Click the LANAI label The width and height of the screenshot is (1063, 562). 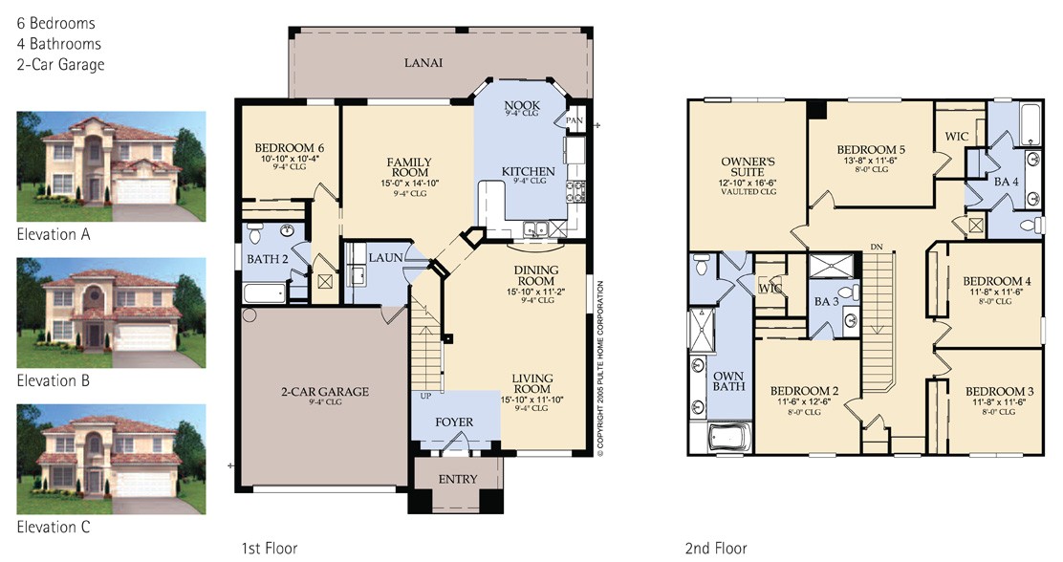coord(423,62)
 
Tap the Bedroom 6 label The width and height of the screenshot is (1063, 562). coord(290,148)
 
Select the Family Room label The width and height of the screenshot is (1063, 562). coord(409,167)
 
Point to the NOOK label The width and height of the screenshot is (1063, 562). coord(522,105)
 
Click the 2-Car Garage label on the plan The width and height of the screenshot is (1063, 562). coord(325,391)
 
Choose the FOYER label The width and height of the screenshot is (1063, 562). coord(454,421)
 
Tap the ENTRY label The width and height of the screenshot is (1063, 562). coord(458,479)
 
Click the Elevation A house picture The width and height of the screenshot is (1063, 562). coord(111,166)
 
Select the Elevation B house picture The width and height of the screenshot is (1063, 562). coord(111,313)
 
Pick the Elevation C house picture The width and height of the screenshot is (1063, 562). coord(111,460)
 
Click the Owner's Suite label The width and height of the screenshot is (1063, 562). coord(748,166)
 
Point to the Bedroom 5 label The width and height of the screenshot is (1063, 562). coord(871,150)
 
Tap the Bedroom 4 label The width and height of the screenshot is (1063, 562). coord(997,281)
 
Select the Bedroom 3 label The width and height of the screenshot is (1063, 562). coord(1000,391)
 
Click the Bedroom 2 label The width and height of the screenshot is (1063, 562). coord(805,391)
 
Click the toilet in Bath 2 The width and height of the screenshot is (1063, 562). coord(255,233)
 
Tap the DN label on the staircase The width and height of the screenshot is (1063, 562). coord(877,247)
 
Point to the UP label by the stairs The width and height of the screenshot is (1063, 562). coord(425,396)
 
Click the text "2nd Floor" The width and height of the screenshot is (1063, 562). coord(717,548)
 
